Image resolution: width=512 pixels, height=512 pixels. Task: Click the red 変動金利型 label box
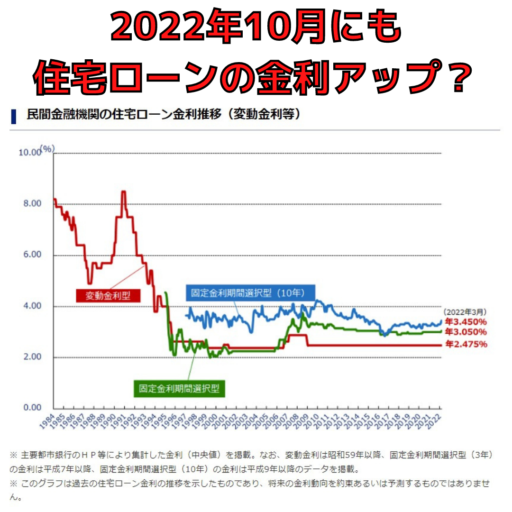click(108, 295)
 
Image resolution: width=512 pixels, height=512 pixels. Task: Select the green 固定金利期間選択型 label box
click(179, 389)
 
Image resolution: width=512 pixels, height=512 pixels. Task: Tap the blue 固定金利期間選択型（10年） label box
click(250, 293)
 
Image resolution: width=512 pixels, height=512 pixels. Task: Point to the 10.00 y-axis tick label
click(29, 153)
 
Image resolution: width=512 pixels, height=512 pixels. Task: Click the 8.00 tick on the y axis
click(32, 203)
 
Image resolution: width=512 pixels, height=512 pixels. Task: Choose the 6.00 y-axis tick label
click(32, 255)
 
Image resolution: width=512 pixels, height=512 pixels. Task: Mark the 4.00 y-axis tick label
click(32, 306)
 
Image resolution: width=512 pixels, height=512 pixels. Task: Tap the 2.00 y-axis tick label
click(32, 357)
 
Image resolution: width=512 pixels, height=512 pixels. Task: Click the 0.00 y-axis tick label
click(32, 408)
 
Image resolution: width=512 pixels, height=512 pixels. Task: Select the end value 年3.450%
click(466, 322)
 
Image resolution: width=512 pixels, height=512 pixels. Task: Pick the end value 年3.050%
click(466, 332)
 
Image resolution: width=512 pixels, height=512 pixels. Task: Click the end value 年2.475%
click(466, 344)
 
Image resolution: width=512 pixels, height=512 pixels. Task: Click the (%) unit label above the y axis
click(47, 149)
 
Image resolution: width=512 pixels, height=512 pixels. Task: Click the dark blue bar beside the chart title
click(13, 117)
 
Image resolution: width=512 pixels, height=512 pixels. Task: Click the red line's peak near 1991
click(123, 192)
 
